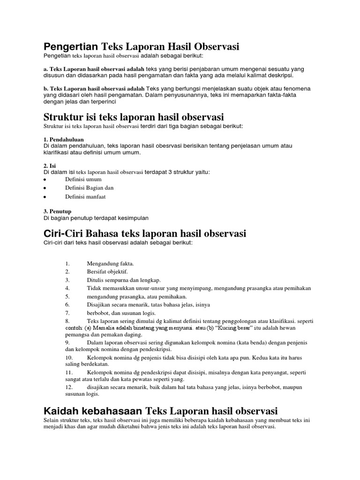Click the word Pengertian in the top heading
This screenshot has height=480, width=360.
pos(70,46)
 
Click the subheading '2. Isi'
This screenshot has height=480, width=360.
pos(49,166)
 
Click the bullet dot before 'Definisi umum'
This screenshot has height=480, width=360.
pos(45,180)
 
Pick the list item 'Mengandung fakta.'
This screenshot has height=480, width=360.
pos(111,263)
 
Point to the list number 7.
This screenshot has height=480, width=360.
pos(67,313)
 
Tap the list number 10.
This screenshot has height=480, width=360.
pos(69,357)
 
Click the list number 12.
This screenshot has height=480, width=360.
pos(69,388)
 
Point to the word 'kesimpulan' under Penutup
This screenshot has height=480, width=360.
pos(133,218)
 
